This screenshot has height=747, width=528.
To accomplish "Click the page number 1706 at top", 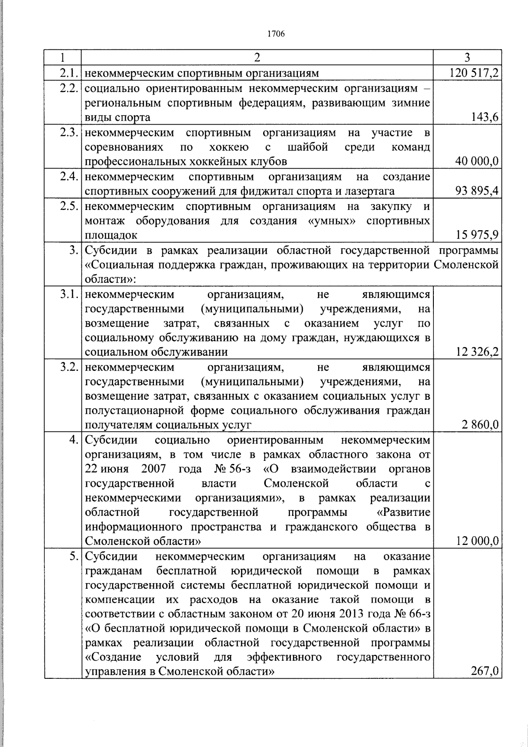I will tap(276, 34).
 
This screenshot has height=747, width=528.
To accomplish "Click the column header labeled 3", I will tap(467, 58).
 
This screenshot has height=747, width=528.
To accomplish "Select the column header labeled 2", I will tap(257, 58).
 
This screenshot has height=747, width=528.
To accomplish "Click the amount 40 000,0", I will tap(477, 162).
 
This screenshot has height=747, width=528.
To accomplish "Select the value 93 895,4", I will tap(477, 191).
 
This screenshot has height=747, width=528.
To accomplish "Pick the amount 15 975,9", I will tap(477, 235).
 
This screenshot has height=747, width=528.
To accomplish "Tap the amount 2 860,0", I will tap(480, 425).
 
